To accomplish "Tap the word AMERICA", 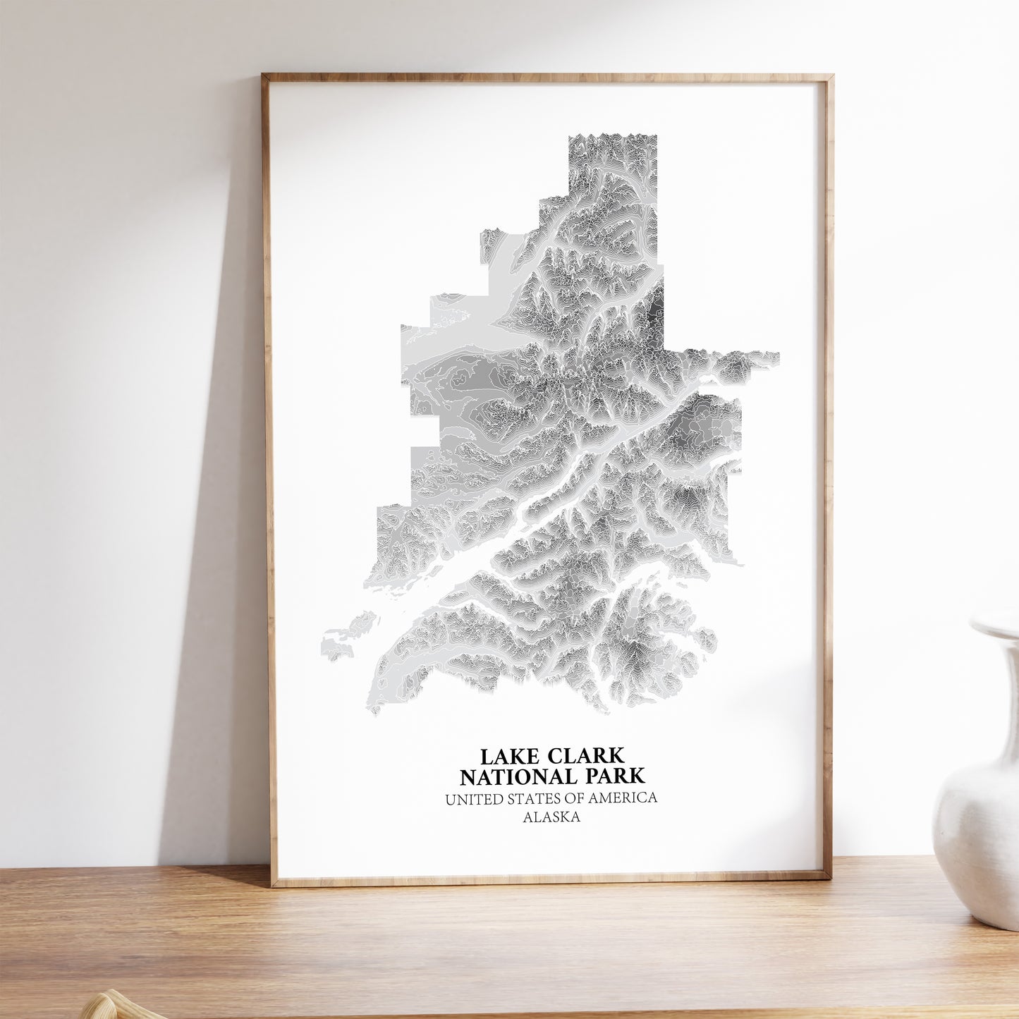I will click(626, 798).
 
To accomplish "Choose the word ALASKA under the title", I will click(551, 818).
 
